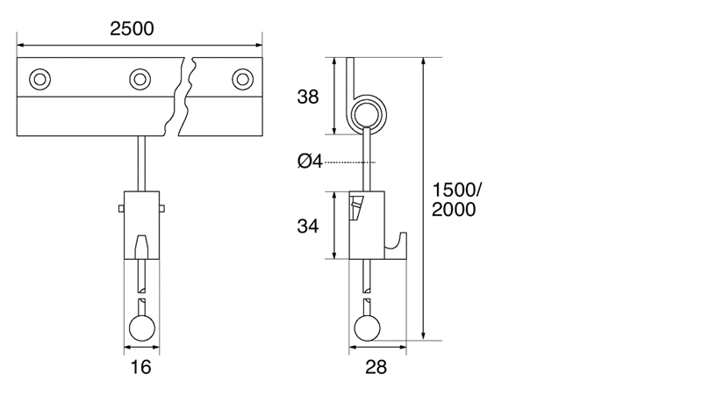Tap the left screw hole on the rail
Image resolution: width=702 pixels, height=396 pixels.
[x=38, y=79]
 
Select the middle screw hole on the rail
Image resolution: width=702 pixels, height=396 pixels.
[x=139, y=79]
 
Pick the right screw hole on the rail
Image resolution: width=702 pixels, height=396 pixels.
[x=241, y=79]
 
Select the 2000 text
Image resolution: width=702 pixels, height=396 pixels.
[x=454, y=210]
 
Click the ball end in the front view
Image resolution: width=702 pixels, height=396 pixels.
[x=141, y=328]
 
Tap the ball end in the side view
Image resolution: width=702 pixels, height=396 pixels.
[x=368, y=328]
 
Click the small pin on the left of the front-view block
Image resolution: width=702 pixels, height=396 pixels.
[x=119, y=208]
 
